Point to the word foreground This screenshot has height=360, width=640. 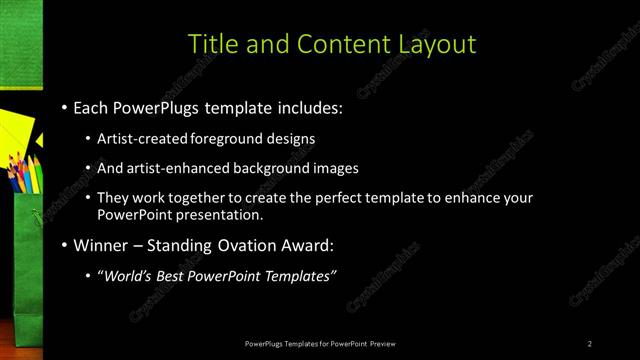(x=224, y=138)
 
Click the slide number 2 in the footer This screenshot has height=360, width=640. (x=590, y=344)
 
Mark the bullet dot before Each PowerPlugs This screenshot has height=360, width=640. (x=64, y=106)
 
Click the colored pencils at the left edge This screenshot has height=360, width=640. (x=22, y=175)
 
